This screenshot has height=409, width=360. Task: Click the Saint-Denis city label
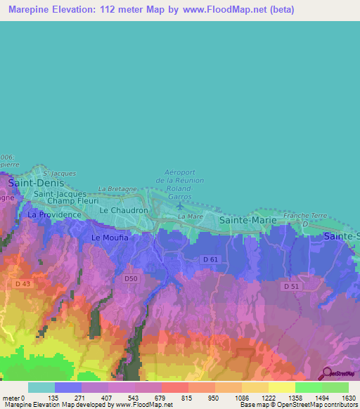click(32, 183)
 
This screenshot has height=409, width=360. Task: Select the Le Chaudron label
click(124, 210)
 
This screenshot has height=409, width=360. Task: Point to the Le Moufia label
click(110, 238)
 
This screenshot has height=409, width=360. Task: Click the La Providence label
click(54, 214)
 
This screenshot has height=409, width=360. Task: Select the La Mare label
click(191, 217)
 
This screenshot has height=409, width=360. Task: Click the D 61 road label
click(210, 260)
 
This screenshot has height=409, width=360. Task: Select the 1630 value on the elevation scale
click(348, 398)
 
